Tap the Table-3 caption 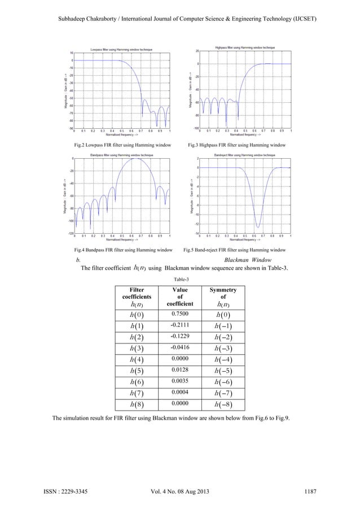(x=179, y=280)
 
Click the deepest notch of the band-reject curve (x=257, y=226)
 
